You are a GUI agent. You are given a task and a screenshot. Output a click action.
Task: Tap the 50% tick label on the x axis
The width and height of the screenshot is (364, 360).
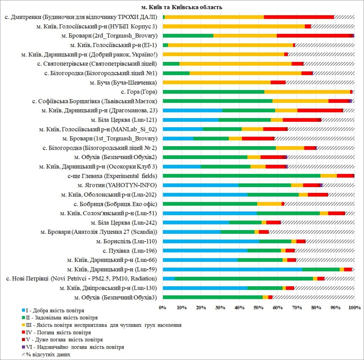[x=258, y=306]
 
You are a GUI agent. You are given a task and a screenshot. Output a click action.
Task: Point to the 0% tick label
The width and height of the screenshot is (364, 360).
[x=163, y=306]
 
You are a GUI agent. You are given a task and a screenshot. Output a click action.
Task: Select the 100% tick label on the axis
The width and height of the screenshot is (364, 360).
[x=354, y=306]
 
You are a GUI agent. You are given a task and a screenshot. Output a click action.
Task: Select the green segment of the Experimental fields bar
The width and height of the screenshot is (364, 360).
[x=241, y=176]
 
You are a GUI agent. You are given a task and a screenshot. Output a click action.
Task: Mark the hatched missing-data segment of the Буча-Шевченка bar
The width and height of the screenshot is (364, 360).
[x=320, y=83]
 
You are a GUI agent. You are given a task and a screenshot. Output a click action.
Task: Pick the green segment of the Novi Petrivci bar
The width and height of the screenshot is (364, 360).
[x=244, y=279]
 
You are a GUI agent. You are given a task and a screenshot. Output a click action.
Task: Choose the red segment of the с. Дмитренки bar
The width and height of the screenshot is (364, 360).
[x=299, y=17]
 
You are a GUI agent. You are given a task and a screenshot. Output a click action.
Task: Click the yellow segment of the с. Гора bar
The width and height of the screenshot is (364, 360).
[x=307, y=92]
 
